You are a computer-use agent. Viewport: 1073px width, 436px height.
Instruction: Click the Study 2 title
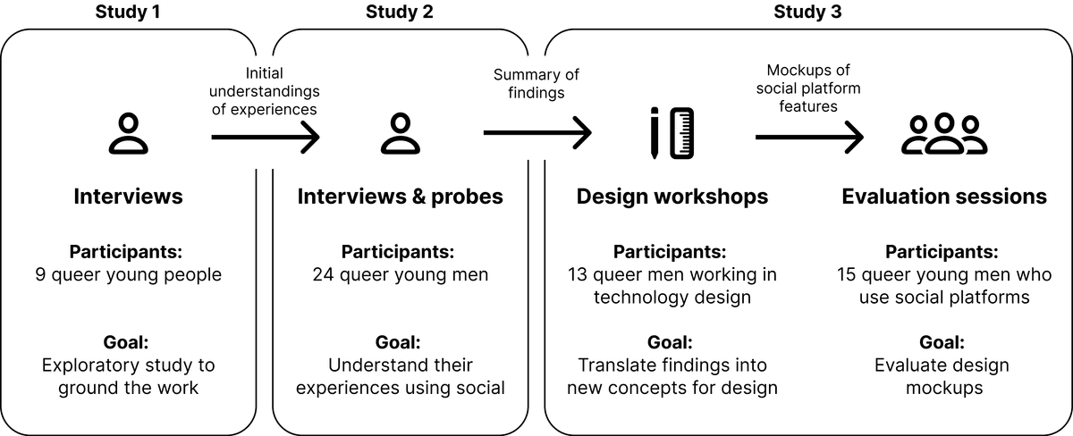tap(400, 13)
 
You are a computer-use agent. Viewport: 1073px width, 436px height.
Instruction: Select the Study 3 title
tap(807, 13)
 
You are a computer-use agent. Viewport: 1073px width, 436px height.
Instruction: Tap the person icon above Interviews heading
tap(128, 135)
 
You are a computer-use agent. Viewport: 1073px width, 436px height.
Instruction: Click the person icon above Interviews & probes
tap(400, 135)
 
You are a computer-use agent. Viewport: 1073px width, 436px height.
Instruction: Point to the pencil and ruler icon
tap(672, 133)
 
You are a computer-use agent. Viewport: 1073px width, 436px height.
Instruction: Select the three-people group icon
tap(944, 135)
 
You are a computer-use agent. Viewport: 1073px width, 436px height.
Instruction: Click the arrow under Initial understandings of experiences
tap(265, 137)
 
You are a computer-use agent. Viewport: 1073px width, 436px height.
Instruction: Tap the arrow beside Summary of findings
tap(536, 133)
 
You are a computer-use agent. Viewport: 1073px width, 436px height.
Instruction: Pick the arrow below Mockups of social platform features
tap(808, 137)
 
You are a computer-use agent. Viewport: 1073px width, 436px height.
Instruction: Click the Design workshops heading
tap(672, 197)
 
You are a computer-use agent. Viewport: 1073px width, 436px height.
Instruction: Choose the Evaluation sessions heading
tap(944, 197)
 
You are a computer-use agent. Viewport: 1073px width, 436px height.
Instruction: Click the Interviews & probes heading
tap(400, 197)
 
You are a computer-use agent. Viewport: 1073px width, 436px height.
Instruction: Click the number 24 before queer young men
tap(323, 274)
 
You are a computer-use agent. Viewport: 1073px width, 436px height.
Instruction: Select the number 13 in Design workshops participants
tap(579, 274)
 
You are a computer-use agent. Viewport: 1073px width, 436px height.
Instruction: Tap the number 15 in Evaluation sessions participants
tap(848, 274)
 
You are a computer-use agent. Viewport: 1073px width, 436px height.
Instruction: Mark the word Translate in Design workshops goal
tap(617, 365)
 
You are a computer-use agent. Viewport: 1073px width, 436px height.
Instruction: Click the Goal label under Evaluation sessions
tap(944, 342)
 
